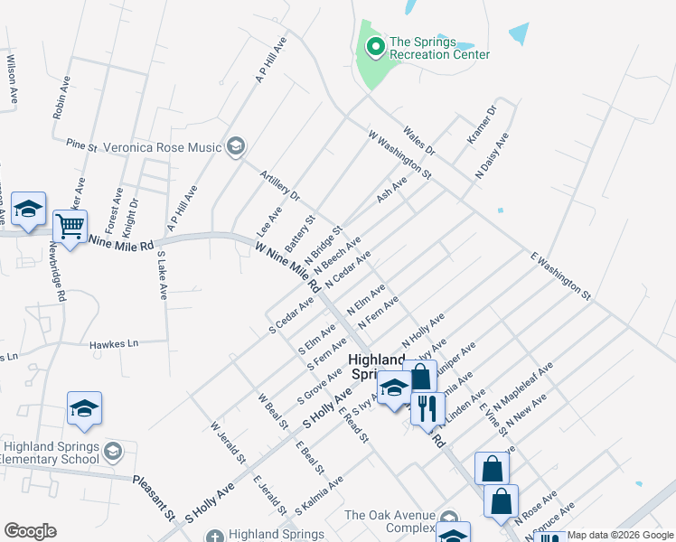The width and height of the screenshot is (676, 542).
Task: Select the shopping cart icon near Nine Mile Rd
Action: coord(70,225)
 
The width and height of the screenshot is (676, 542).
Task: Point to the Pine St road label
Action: coord(81,144)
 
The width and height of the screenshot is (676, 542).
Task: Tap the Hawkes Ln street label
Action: coord(114,344)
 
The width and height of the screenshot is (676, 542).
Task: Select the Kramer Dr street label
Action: coord(483,126)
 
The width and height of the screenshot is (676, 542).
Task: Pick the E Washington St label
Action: coord(560,276)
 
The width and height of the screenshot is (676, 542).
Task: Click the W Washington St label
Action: coord(400,153)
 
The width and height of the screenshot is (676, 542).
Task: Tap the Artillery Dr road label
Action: coord(279,185)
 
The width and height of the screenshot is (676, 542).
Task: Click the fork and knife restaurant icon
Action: coord(427,407)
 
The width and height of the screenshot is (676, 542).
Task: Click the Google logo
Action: coord(30,530)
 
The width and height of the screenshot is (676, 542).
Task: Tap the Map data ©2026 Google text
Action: coord(620,535)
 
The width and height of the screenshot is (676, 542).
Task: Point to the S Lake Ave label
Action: coord(162,276)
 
